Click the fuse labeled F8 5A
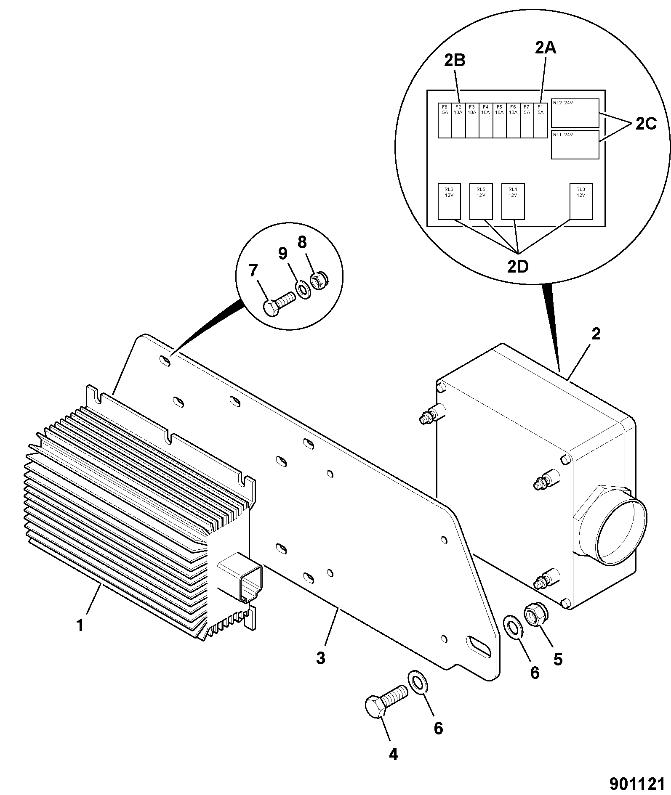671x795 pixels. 445,120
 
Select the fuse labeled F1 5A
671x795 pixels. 541,120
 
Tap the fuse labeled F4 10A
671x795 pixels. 486,120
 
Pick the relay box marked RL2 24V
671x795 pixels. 575,113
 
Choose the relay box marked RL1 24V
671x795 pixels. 575,145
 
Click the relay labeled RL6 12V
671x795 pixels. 449,201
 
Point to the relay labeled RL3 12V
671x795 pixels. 581,201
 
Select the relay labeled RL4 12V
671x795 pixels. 513,201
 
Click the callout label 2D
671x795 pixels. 517,267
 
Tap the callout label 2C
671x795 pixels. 646,124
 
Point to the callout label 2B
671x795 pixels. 455,61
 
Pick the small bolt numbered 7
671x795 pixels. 280,303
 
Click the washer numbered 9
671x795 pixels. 304,290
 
